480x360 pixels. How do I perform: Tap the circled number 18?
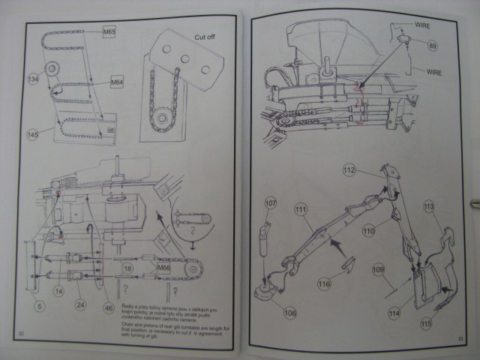click(128, 268)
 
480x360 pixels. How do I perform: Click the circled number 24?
click(79, 304)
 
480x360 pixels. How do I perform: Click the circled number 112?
click(349, 170)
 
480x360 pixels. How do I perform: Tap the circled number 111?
click(301, 208)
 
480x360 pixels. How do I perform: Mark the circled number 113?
click(429, 205)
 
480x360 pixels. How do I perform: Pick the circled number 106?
click(289, 312)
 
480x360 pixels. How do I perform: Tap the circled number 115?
click(426, 324)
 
